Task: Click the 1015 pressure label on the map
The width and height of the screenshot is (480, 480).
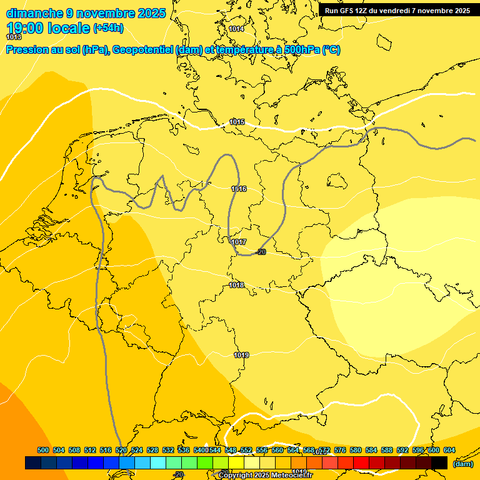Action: click(x=237, y=122)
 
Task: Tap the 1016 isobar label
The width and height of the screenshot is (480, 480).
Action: click(x=239, y=189)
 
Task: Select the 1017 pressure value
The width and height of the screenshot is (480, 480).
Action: click(x=238, y=242)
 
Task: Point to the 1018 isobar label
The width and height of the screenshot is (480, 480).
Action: click(x=236, y=285)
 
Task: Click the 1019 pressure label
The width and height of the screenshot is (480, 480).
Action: click(x=242, y=355)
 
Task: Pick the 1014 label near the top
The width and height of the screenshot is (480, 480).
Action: click(x=236, y=29)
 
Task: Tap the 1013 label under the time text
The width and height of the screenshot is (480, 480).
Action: click(x=14, y=37)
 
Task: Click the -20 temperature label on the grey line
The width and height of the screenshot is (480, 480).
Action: click(x=261, y=252)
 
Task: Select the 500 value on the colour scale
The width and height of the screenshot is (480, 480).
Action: click(x=43, y=450)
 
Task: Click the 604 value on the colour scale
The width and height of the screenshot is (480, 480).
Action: click(x=449, y=450)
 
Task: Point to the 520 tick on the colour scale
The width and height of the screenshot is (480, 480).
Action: click(x=121, y=450)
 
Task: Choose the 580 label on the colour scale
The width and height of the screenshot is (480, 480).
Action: click(x=356, y=450)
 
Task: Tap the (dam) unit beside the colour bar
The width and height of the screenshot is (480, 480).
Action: click(x=462, y=464)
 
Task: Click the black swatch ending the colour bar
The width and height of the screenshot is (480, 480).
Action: click(x=439, y=463)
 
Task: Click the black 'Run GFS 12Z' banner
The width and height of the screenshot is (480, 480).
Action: click(x=397, y=11)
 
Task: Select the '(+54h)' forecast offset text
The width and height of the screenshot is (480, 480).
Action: click(x=108, y=27)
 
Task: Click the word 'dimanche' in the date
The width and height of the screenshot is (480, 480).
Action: click(x=34, y=13)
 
